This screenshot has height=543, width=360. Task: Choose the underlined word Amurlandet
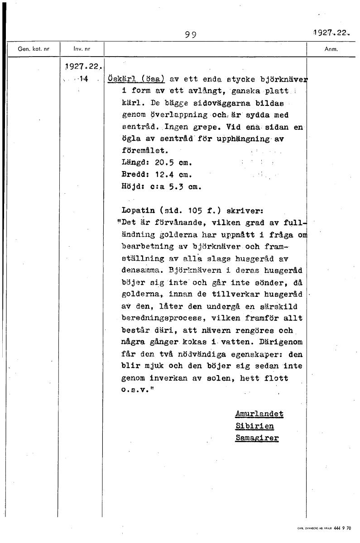259,414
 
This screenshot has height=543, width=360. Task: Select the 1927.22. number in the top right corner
332,33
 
